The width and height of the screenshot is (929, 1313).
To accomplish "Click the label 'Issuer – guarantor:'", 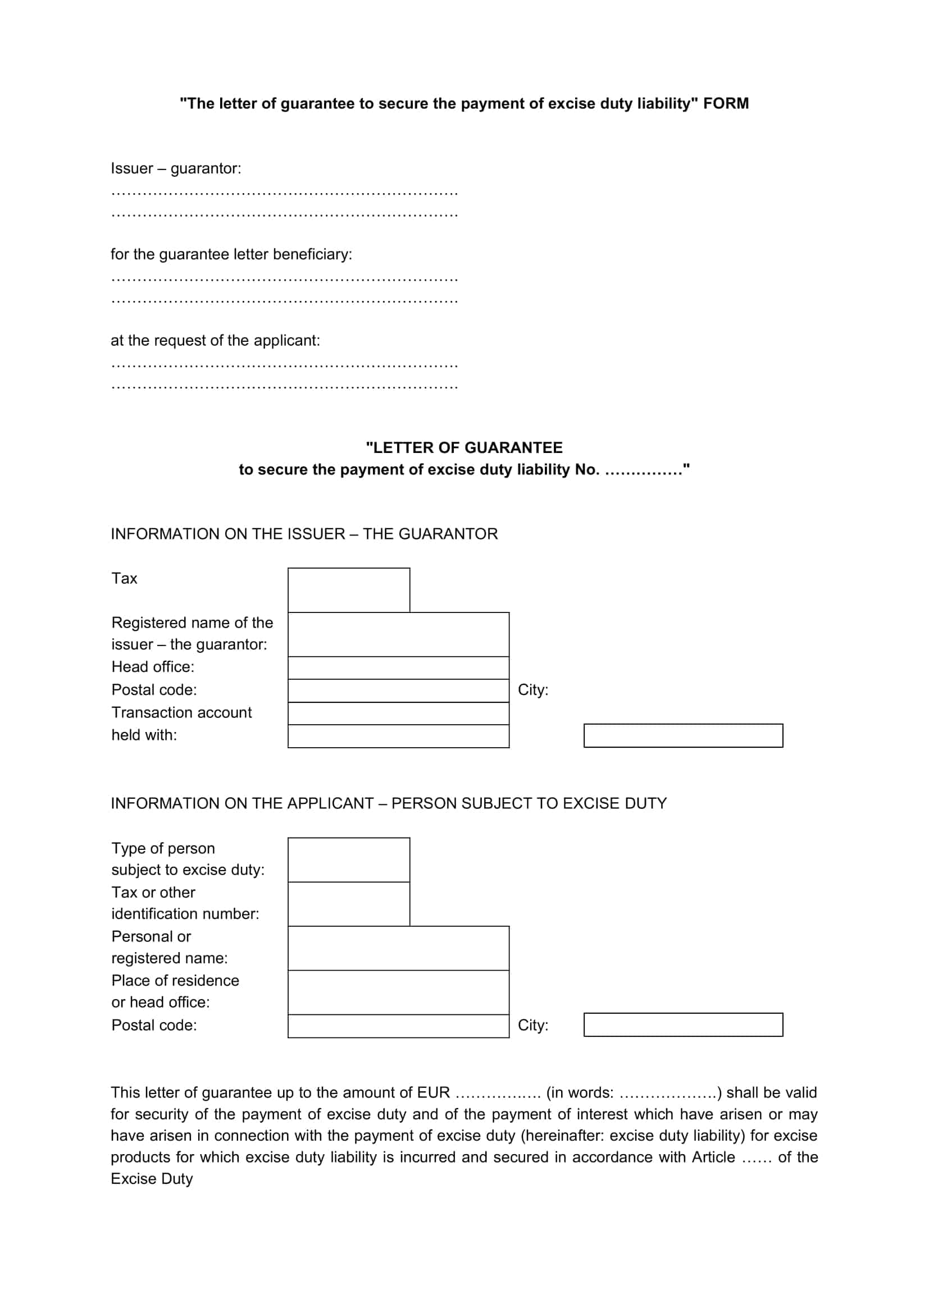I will [x=176, y=169].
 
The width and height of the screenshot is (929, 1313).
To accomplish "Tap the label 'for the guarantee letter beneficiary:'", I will [x=231, y=254].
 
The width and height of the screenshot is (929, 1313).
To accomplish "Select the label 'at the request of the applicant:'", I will [x=215, y=341].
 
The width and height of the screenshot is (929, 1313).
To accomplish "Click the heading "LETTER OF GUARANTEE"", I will [x=464, y=448].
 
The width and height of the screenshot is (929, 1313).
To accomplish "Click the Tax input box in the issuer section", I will [x=348, y=589].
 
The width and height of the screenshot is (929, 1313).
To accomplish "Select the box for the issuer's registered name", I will [x=398, y=634].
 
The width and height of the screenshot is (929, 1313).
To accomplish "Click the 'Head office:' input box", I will [x=398, y=667].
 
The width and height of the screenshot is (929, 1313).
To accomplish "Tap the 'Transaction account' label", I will [x=181, y=712].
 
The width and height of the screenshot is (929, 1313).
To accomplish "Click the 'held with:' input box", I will [x=398, y=736].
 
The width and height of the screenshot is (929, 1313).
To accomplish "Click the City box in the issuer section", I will [x=683, y=735].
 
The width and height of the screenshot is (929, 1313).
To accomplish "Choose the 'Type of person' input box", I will [x=348, y=859].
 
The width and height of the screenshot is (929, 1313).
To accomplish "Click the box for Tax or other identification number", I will [x=348, y=904].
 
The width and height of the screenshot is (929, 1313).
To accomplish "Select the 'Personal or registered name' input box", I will [x=398, y=948].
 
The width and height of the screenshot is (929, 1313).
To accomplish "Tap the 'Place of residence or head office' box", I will [x=398, y=992].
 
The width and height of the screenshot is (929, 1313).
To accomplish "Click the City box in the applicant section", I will [x=683, y=1025].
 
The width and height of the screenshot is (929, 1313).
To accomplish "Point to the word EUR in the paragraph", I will [x=433, y=1093].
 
